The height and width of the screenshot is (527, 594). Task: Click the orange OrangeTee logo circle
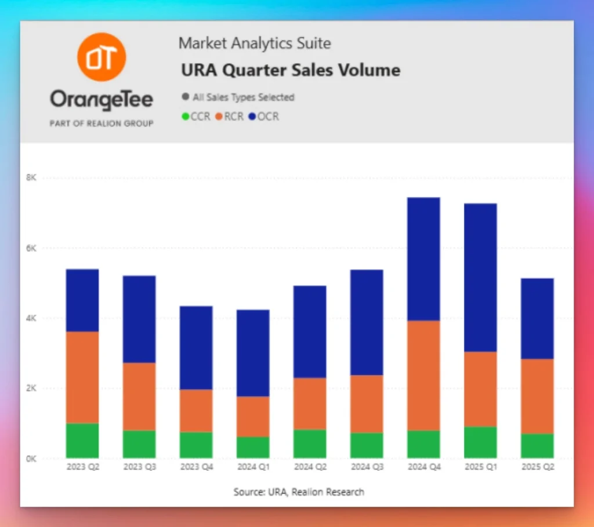tap(102, 57)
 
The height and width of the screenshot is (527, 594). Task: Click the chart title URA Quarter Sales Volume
tap(291, 71)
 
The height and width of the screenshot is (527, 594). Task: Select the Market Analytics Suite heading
tap(255, 43)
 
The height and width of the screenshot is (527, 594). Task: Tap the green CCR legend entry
tap(197, 117)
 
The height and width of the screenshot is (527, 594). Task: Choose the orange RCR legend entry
tap(231, 117)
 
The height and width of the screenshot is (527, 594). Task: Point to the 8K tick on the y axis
tap(31, 178)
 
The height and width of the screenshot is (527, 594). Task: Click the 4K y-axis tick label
tap(31, 318)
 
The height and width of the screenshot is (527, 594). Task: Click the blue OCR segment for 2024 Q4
tap(423, 259)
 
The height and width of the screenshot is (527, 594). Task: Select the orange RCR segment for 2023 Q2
tap(82, 377)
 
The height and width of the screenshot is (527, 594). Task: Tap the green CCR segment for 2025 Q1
tap(480, 443)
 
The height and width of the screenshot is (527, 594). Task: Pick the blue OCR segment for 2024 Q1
tap(253, 353)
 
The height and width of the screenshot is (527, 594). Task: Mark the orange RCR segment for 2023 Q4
tap(196, 410)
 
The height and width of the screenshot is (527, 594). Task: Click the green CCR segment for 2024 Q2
tap(310, 444)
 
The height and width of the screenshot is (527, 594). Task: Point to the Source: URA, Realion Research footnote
tap(299, 492)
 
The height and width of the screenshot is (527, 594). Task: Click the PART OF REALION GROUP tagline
tap(102, 123)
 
